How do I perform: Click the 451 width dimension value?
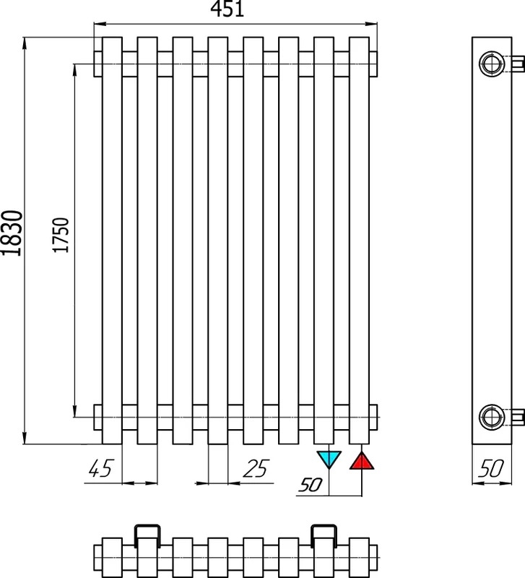coord(227,9)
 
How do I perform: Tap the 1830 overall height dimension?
coord(12,233)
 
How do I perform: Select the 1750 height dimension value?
coord(61,236)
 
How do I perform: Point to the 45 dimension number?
coord(100,468)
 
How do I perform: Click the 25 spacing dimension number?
coord(256,468)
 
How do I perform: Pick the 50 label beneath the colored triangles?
coord(311,485)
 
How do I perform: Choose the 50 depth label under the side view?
coord(491,468)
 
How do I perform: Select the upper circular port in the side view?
coord(491,64)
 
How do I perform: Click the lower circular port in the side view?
coord(491,417)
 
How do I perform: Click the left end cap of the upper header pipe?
coord(97,64)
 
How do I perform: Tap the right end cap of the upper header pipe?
coord(373,64)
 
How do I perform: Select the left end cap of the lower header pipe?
coord(97,417)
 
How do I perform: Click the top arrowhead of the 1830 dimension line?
coord(25,43)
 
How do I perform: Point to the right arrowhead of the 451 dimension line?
coord(371,25)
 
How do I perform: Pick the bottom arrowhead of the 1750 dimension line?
coord(74,411)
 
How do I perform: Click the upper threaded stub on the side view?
coord(518,64)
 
